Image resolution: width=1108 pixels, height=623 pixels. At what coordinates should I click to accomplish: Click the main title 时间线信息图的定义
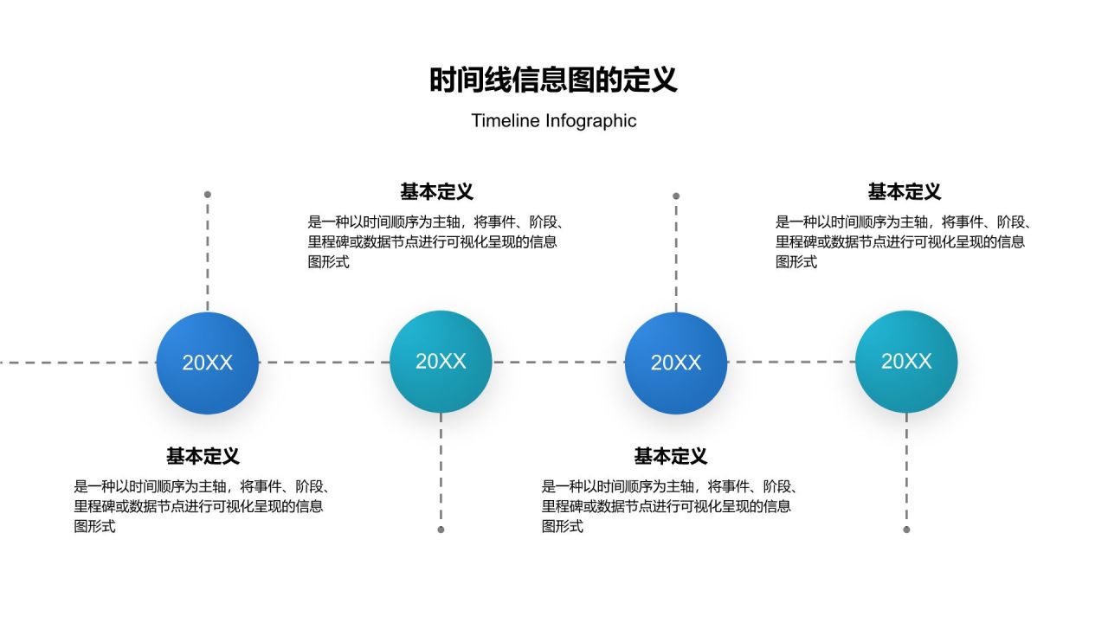[x=553, y=80]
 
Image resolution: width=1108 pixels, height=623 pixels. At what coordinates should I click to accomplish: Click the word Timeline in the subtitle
[x=506, y=121]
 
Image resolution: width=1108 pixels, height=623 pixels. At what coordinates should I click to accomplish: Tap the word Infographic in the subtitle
[x=590, y=121]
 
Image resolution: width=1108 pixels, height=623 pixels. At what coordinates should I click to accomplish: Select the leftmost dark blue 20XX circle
[x=208, y=363]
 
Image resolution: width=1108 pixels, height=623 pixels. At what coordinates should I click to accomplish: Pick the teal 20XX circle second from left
[x=441, y=362]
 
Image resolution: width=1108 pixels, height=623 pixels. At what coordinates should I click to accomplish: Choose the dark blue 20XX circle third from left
[x=676, y=363]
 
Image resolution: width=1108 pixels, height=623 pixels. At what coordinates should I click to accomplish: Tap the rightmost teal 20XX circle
[x=906, y=362]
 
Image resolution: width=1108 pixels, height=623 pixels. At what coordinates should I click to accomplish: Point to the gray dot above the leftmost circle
[x=208, y=195]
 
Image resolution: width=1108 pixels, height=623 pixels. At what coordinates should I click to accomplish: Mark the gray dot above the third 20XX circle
[x=676, y=196]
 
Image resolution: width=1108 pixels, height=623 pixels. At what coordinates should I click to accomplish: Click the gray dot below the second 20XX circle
[x=441, y=530]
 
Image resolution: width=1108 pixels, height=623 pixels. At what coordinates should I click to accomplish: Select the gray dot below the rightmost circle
[x=906, y=530]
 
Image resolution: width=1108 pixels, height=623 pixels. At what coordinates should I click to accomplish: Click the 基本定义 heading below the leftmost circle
[x=203, y=456]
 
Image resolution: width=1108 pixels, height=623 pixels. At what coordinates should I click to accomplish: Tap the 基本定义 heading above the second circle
[x=436, y=192]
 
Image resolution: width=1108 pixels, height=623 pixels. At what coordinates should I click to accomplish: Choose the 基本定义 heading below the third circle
[x=670, y=456]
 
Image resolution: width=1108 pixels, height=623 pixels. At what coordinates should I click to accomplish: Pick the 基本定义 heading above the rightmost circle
[x=904, y=192]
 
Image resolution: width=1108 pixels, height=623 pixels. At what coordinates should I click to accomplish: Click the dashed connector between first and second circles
[x=324, y=363]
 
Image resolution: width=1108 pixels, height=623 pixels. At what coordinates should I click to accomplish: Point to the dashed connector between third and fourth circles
[x=791, y=363]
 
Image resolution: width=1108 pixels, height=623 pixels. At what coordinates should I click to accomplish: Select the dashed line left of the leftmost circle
[x=78, y=363]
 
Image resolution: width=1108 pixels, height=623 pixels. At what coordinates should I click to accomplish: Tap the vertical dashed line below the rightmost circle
[x=906, y=472]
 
